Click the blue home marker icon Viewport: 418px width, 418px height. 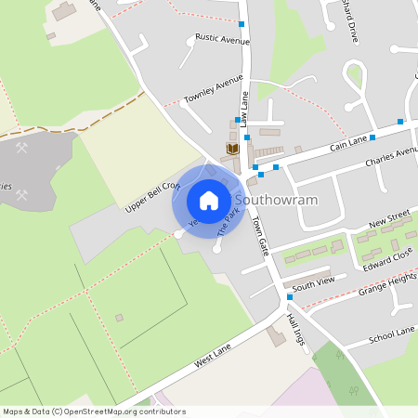click(x=209, y=200)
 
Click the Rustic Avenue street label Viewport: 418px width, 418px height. click(x=222, y=40)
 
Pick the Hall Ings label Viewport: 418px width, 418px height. click(x=295, y=330)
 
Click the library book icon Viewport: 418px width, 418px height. click(x=232, y=149)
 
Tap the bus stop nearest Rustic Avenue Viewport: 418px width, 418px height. click(x=242, y=24)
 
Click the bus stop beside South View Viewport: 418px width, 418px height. click(x=290, y=297)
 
